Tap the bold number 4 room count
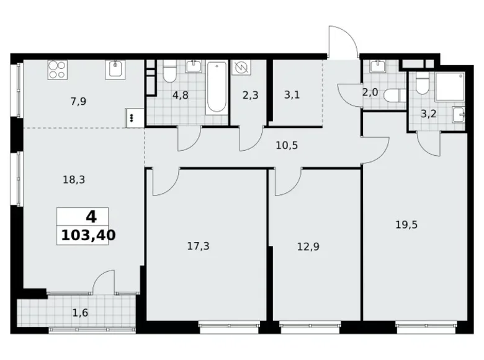coord(91,217)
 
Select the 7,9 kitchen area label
coord(78,101)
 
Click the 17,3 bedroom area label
coord(198,246)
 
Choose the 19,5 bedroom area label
coord(406,225)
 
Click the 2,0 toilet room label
coord(370,92)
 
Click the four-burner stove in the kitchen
coord(58,70)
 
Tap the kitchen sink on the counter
coord(116,69)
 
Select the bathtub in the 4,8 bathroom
coord(217,87)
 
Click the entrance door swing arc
coord(344,38)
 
